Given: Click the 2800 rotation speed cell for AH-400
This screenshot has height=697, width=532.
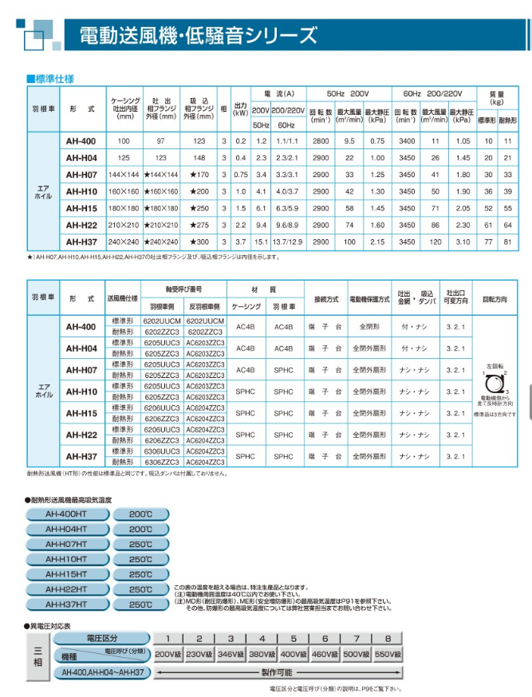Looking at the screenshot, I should click(x=320, y=140).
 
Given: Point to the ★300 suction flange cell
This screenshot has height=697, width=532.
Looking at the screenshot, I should click(x=199, y=240).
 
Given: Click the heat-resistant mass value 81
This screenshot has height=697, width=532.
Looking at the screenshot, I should click(x=508, y=240).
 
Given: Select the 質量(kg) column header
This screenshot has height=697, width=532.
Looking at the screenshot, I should click(x=497, y=97).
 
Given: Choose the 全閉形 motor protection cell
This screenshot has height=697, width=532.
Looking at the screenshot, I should click(x=369, y=326).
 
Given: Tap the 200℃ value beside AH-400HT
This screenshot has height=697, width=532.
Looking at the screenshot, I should click(x=141, y=514).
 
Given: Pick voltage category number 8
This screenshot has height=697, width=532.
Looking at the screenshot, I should click(x=387, y=638).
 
